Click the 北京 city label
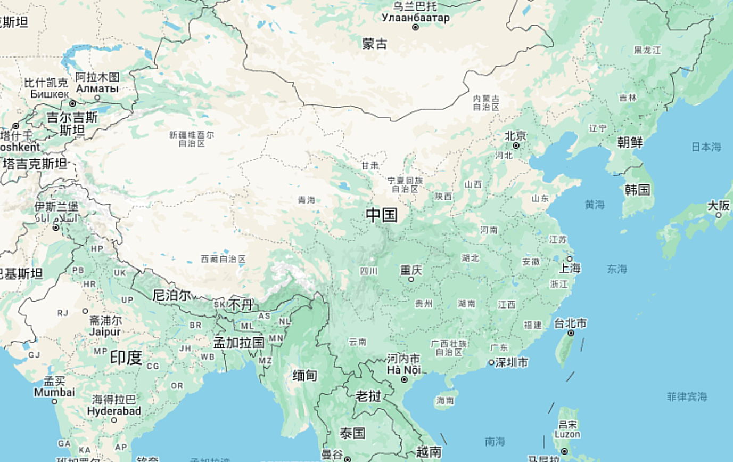pyautogui.click(x=515, y=136)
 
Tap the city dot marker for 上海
pyautogui.click(x=570, y=259)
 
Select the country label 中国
pyautogui.click(x=382, y=215)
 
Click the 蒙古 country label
pyautogui.click(x=375, y=44)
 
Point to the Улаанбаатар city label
pyautogui.click(x=415, y=18)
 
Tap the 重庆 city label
pyautogui.click(x=411, y=270)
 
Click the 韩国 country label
pyautogui.click(x=637, y=189)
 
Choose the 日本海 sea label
pyautogui.click(x=706, y=147)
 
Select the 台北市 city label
pyautogui.click(x=570, y=323)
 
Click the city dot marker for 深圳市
pyautogui.click(x=491, y=362)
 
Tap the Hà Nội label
pyautogui.click(x=403, y=370)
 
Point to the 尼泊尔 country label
pyautogui.click(x=171, y=295)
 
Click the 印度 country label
pyautogui.click(x=126, y=357)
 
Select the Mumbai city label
pyautogui.click(x=54, y=392)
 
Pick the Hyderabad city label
pyautogui.click(x=114, y=411)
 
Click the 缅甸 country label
pyautogui.click(x=304, y=375)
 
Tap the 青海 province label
pyautogui.click(x=306, y=200)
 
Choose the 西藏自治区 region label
pyautogui.click(x=223, y=259)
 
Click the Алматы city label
pyautogui.click(x=97, y=88)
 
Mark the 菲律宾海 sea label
pyautogui.click(x=687, y=396)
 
